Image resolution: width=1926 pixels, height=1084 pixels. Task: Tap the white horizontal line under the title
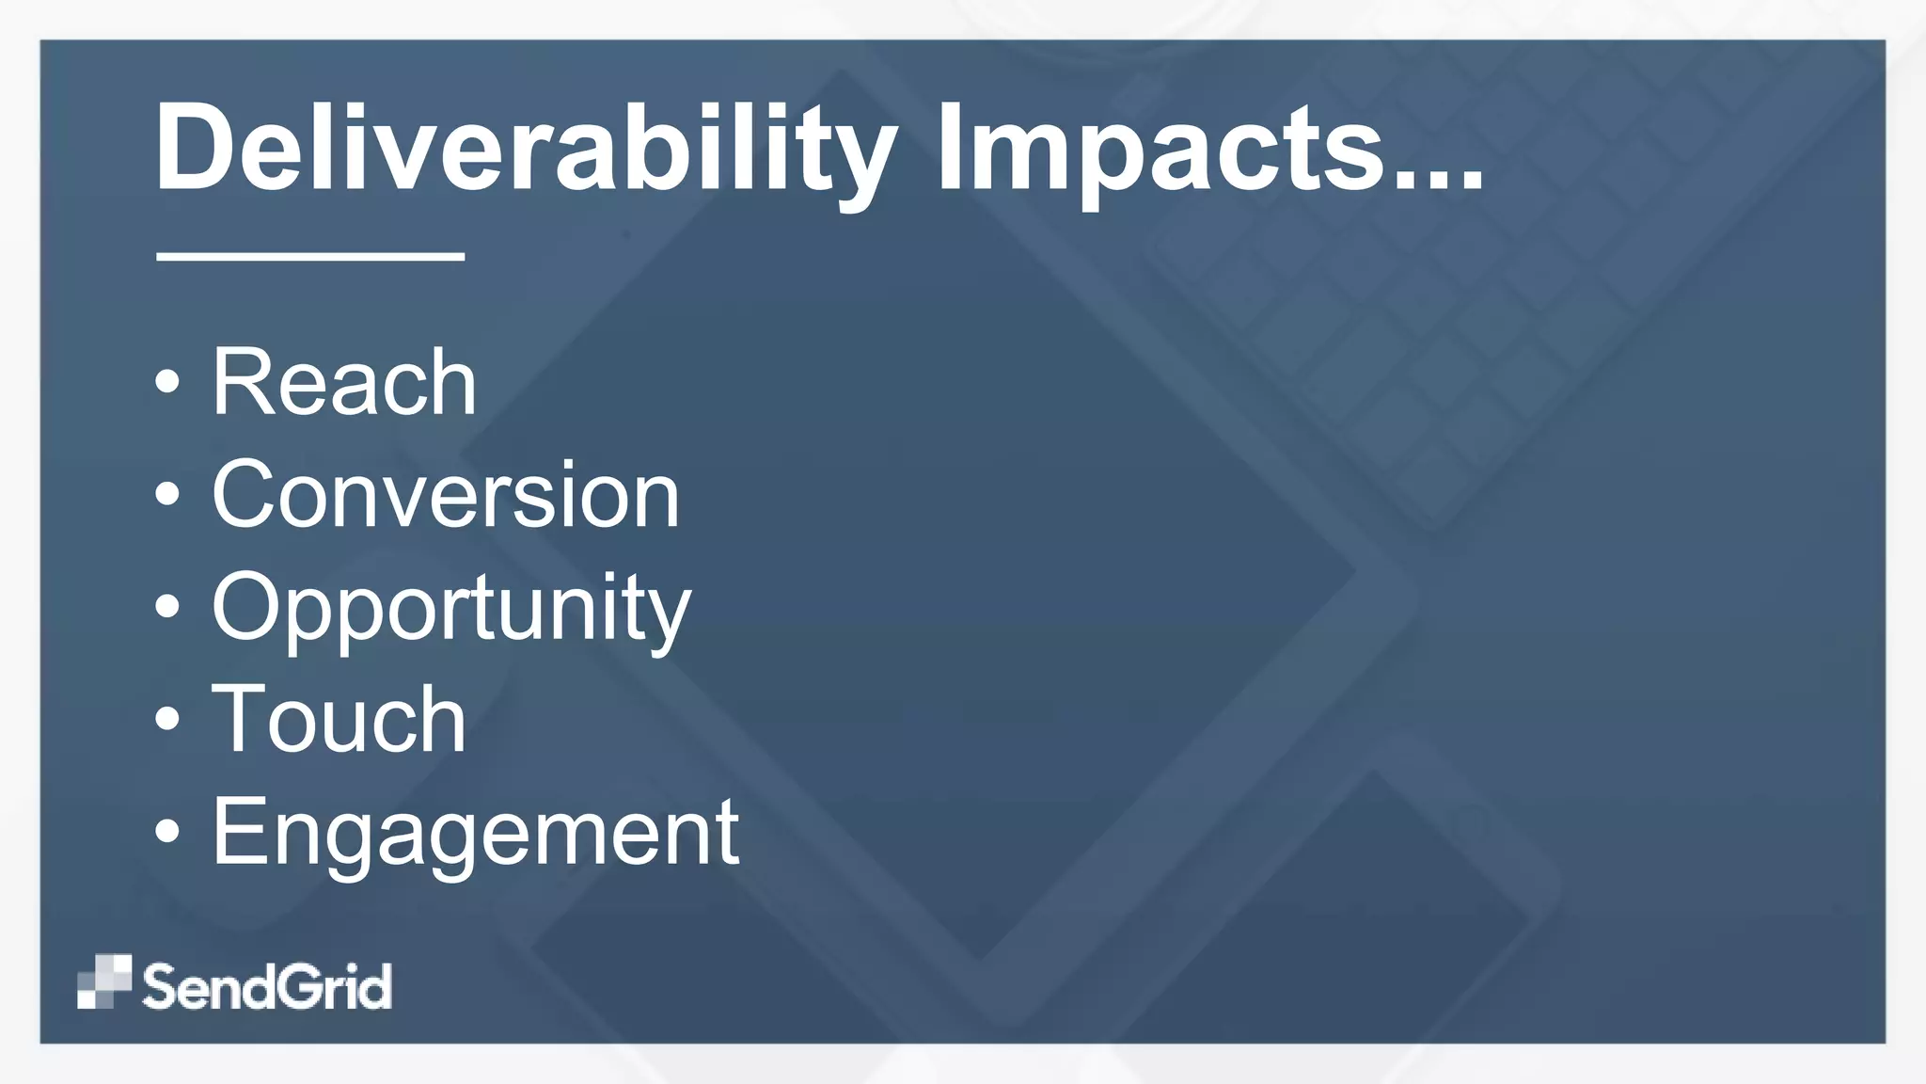click(310, 255)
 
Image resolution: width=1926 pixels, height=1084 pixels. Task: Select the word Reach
click(344, 382)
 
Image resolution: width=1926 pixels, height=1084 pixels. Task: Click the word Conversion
click(445, 495)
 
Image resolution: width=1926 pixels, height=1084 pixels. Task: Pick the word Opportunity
click(451, 609)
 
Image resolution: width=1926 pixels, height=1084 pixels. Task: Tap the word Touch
click(339, 720)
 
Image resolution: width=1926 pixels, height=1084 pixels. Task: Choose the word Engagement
click(476, 833)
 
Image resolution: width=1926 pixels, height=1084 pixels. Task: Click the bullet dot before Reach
click(167, 382)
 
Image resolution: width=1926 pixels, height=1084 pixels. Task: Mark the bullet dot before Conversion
click(167, 495)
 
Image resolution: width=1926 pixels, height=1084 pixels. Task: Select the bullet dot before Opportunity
click(167, 607)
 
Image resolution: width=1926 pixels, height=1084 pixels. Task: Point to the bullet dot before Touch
click(167, 720)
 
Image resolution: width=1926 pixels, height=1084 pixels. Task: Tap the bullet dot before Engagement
click(167, 832)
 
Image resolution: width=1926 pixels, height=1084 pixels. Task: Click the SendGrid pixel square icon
click(104, 981)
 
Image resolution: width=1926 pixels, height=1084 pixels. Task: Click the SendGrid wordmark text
click(267, 986)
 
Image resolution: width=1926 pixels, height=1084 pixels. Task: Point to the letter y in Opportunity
click(670, 616)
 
